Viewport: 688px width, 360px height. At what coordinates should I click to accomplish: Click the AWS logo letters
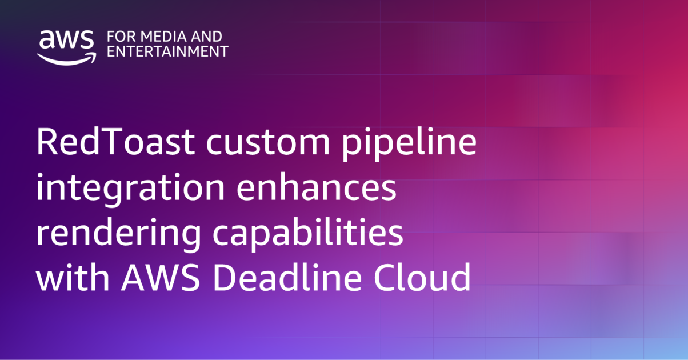click(66, 39)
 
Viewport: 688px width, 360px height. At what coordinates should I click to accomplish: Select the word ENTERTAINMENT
click(167, 51)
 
